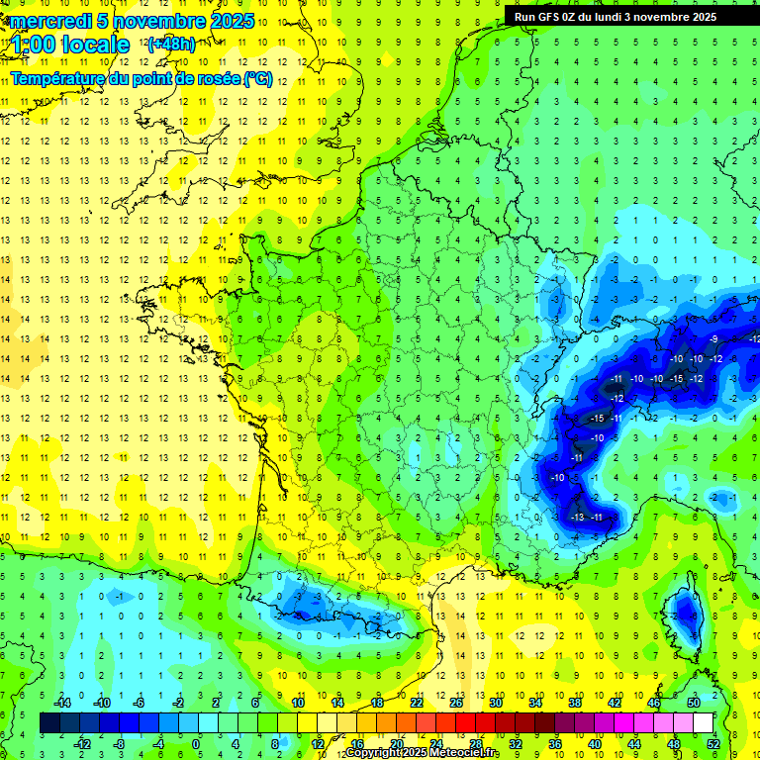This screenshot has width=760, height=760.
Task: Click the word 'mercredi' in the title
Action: (49, 21)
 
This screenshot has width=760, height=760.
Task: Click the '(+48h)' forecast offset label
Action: (171, 44)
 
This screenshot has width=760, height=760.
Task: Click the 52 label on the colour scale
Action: (713, 743)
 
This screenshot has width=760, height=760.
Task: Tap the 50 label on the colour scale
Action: (694, 703)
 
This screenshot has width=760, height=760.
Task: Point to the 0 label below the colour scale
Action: (196, 743)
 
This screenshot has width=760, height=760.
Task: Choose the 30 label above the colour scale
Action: (496, 703)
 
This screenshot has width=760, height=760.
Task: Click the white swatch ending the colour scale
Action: (703, 723)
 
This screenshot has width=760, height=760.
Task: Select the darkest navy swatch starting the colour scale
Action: (50, 723)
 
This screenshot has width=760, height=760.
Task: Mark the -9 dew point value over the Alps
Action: (714, 339)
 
